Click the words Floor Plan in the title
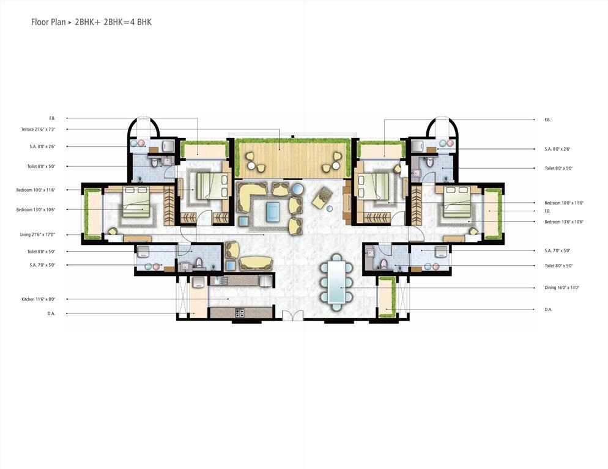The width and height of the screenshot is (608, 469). coord(48,23)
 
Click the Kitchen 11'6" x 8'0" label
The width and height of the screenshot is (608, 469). coord(39,299)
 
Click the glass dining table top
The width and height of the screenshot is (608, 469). coord(336,282)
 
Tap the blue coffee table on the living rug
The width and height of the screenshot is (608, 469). coord(273,211)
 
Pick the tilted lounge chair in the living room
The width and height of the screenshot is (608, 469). coord(322,198)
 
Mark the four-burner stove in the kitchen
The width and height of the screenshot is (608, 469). coord(239,313)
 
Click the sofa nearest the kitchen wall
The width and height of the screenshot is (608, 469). coord(254,263)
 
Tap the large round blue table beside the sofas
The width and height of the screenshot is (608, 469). coord(297,189)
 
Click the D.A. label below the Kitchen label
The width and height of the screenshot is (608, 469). coord(52,314)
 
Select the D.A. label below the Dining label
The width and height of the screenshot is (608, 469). coord(548,310)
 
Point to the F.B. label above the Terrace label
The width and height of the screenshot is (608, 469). coord(52,118)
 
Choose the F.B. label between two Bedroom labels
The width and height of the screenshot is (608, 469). coord(548,211)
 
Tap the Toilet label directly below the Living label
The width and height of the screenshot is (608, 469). coord(41,252)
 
